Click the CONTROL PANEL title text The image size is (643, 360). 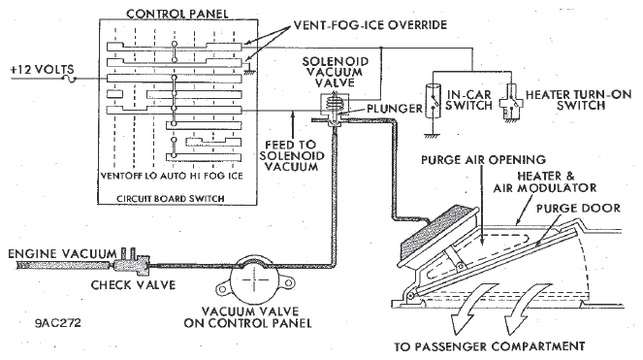click(x=177, y=14)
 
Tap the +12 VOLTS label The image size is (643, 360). click(x=42, y=69)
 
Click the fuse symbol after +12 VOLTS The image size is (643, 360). click(x=70, y=79)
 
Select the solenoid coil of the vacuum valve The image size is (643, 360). click(x=334, y=103)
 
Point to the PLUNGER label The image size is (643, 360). click(x=395, y=109)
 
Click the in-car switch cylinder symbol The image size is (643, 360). click(x=433, y=101)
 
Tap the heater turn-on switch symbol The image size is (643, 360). click(x=510, y=102)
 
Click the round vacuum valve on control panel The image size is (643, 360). click(x=254, y=280)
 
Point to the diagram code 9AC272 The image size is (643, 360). click(x=58, y=323)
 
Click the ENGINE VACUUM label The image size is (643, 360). click(x=62, y=253)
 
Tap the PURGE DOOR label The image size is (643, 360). click(x=578, y=208)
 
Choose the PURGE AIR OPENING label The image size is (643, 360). click(x=483, y=159)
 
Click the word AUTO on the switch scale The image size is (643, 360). click(x=173, y=176)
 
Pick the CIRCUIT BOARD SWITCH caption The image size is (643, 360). click(x=170, y=199)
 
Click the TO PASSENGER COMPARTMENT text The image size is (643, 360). click(x=490, y=346)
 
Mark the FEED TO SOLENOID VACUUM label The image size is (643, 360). click(x=291, y=156)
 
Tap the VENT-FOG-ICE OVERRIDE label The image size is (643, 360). click(x=370, y=25)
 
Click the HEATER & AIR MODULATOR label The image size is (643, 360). click(x=545, y=182)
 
